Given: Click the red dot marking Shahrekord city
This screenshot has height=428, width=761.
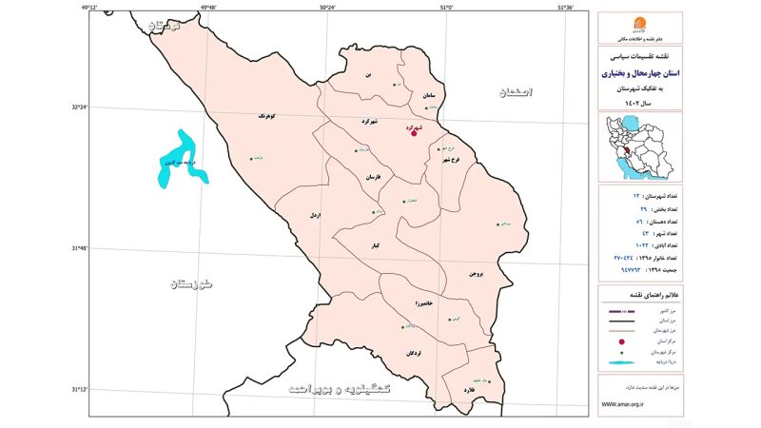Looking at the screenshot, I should pos(413,133).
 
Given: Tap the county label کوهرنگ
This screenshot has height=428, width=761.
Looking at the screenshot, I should pos(268,114).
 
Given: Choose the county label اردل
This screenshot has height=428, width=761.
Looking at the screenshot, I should pos(314,216).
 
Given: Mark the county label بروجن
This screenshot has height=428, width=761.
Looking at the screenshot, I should pos(477,273).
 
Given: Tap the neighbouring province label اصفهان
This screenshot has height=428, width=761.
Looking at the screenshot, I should pos(515,92).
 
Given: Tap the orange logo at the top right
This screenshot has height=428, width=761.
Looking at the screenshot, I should pos(638,23).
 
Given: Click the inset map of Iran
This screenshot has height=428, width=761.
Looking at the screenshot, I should pos(639,147).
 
